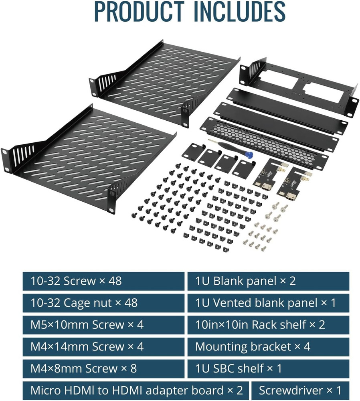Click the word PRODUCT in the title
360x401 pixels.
[x=139, y=11]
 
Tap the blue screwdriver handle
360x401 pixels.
[x=248, y=154]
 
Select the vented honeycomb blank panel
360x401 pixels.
[x=264, y=143]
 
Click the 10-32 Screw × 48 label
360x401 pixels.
[x=76, y=281]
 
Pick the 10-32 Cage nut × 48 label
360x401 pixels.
[x=84, y=303]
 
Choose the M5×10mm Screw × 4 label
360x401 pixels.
[x=87, y=325]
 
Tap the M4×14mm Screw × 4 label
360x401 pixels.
[x=87, y=346]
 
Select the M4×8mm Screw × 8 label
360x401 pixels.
[x=84, y=369]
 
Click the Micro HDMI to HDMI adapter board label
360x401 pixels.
[x=137, y=391]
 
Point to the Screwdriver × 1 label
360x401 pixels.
[x=300, y=391]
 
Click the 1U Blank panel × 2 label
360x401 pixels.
[x=245, y=281]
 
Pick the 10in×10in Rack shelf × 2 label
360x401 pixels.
[x=260, y=325]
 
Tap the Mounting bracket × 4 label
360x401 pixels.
[x=253, y=346]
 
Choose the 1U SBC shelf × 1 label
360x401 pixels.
[x=239, y=369]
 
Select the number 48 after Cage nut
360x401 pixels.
[x=131, y=303]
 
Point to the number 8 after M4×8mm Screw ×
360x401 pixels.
[x=133, y=369]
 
